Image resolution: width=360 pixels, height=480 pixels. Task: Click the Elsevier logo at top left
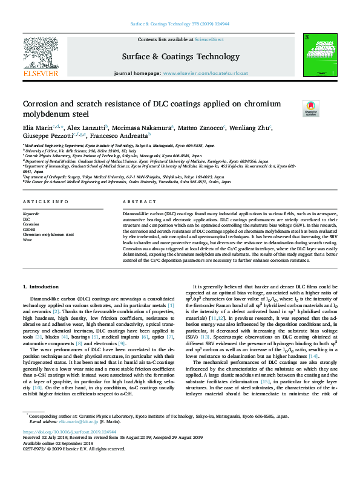pyautogui.click(x=41, y=58)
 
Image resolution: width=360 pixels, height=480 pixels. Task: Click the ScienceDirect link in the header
pyautogui.click(x=208, y=39)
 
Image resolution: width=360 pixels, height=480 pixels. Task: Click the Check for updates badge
pyautogui.click(x=311, y=108)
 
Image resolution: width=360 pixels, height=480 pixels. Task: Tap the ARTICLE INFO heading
pyautogui.click(x=45, y=201)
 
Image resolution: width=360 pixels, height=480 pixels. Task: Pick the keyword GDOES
pyautogui.click(x=28, y=229)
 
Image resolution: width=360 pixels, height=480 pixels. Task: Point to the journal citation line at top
pyautogui.click(x=180, y=24)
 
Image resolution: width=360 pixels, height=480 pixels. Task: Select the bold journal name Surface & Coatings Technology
pyautogui.click(x=180, y=56)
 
